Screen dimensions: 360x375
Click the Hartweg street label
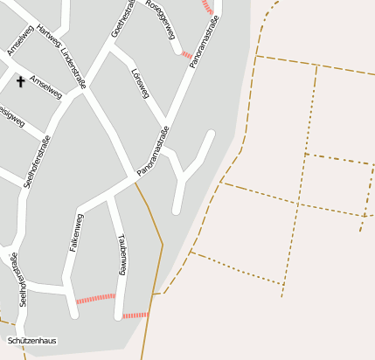pyautogui.click(x=49, y=39)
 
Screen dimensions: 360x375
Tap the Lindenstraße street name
pyautogui.click(x=73, y=68)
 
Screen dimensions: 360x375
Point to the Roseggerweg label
pyautogui.click(x=163, y=19)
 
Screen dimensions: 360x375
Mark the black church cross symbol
pyautogui.click(x=20, y=81)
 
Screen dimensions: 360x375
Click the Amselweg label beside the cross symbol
pyautogui.click(x=45, y=87)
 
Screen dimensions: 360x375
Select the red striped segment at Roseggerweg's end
pyautogui.click(x=186, y=55)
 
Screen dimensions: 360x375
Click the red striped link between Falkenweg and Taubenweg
pyautogui.click(x=95, y=298)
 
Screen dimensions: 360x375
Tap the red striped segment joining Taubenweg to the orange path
pyautogui.click(x=135, y=315)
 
